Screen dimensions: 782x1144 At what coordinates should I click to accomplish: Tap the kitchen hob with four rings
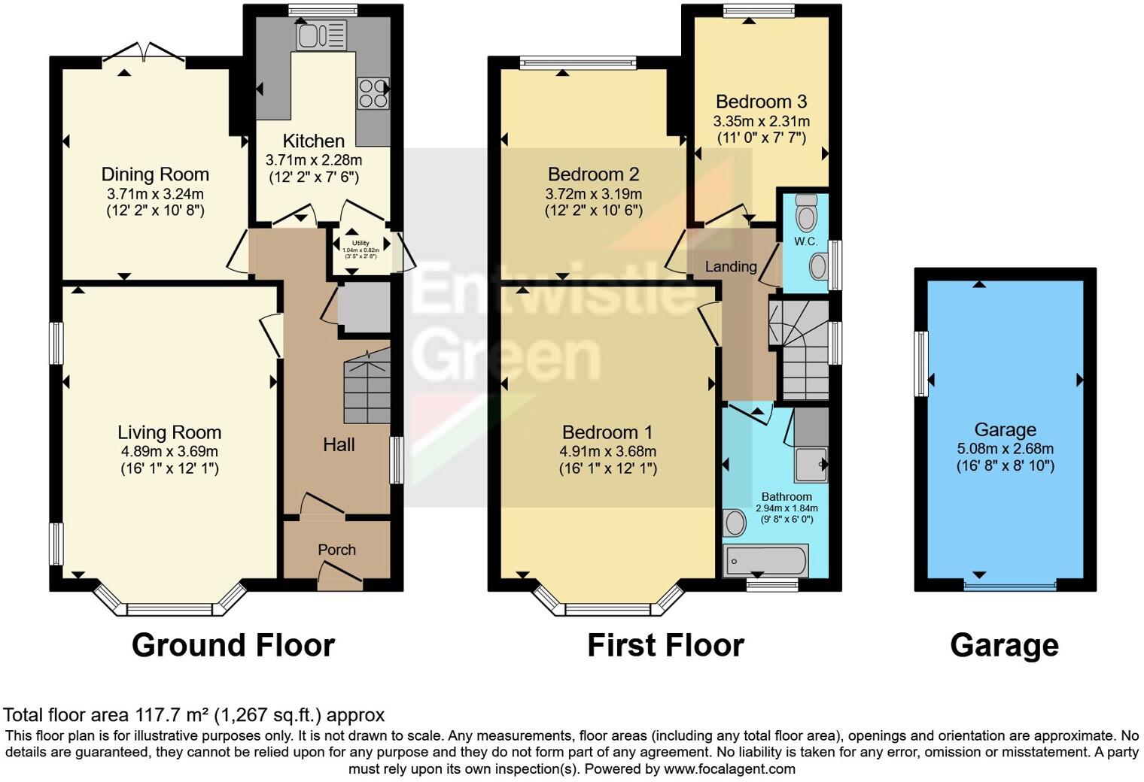point(373,94)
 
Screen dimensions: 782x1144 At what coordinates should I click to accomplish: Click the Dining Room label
point(155,174)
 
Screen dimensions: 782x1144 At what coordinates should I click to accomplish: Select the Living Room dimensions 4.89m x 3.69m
point(169,451)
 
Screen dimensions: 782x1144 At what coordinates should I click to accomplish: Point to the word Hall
point(339,444)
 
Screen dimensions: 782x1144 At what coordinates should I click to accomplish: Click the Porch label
point(336,550)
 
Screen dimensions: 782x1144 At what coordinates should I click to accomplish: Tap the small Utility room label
point(361,243)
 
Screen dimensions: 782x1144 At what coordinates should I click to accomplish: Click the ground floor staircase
point(367,389)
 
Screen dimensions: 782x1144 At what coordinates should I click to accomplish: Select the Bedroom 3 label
point(761,102)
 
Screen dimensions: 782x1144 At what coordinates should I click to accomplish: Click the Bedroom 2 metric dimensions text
point(593,194)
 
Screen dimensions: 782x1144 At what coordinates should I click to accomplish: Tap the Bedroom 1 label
point(607,432)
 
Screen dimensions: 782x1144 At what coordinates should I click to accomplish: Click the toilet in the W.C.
point(806,213)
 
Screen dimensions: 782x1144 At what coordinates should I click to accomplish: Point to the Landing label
point(731,266)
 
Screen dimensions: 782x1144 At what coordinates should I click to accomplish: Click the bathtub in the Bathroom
point(765,560)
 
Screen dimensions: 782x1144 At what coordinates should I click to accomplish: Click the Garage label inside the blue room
point(1005,429)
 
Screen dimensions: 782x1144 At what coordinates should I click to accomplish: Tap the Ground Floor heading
point(233,645)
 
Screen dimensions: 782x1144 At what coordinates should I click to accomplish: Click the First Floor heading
point(665,645)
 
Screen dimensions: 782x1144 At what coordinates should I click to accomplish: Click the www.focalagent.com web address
point(728,768)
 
